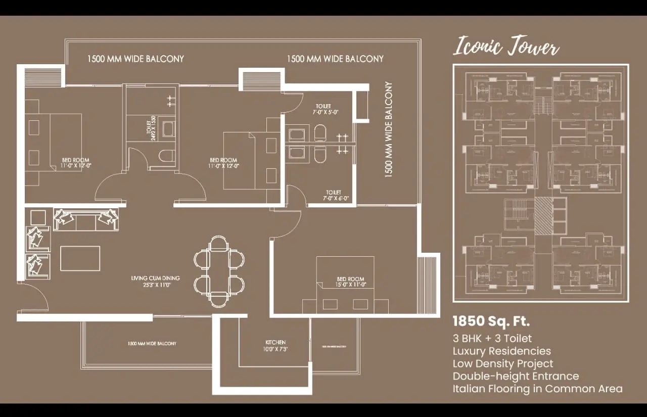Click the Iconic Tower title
tap(506, 47)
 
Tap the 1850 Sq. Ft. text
tap(491, 321)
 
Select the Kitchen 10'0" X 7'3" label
tap(275, 346)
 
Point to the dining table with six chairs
tap(219, 271)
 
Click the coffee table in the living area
tap(80, 258)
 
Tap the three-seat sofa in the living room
tap(86, 219)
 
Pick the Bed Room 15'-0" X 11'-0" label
tap(350, 282)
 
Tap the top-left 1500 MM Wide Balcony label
tap(135, 59)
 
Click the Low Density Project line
tap(502, 363)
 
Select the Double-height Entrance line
tap(516, 376)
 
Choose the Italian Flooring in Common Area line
tap(537, 389)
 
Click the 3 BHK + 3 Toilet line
tap(492, 338)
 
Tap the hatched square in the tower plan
tap(544, 216)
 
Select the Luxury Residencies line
tap(501, 351)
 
